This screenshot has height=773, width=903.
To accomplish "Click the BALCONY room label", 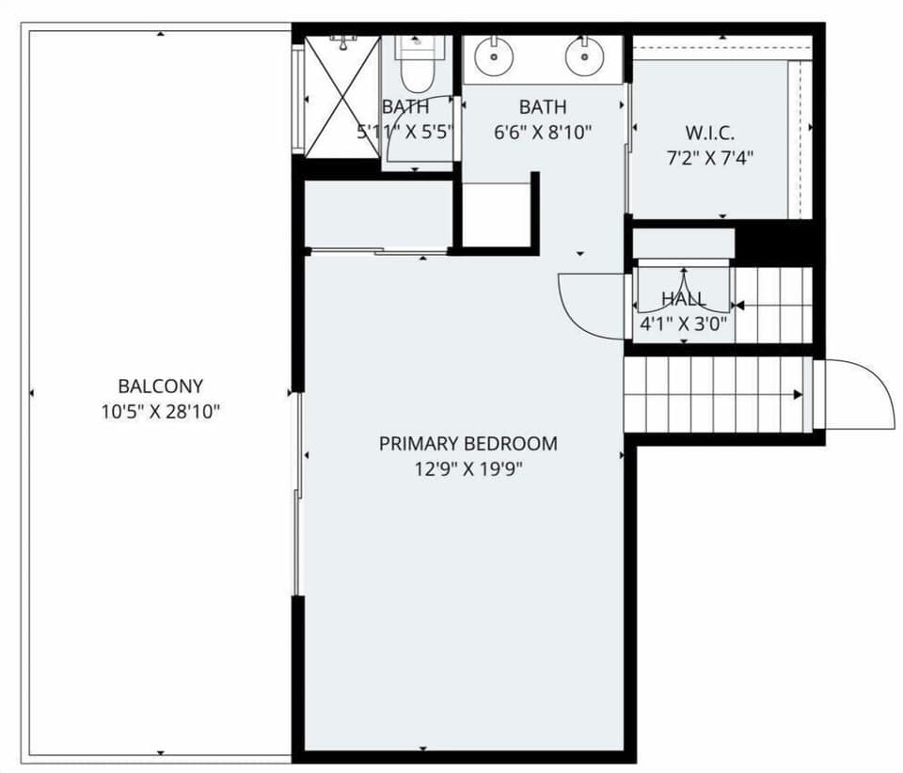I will click(x=160, y=386).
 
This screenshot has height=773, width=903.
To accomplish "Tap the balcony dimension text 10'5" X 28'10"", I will click(x=160, y=412).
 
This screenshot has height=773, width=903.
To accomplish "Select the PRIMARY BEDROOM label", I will click(x=467, y=443).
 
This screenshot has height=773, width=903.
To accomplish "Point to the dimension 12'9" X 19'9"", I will click(x=467, y=468).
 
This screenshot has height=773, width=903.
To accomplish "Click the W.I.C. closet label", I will click(x=709, y=132).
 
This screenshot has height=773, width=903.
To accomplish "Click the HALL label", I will click(x=683, y=299).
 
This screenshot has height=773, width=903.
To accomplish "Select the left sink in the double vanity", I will click(x=491, y=56).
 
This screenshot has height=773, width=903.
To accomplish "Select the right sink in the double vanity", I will click(x=583, y=56).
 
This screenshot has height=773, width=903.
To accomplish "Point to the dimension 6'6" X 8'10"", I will click(x=543, y=133).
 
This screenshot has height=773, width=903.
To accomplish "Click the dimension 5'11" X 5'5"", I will click(x=405, y=132).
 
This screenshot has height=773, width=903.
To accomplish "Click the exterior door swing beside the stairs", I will click(x=861, y=395).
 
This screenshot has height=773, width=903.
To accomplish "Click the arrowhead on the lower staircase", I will click(x=799, y=395).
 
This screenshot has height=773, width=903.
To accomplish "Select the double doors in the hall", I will click(x=683, y=287).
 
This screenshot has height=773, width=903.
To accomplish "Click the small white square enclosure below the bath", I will click(x=497, y=214).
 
